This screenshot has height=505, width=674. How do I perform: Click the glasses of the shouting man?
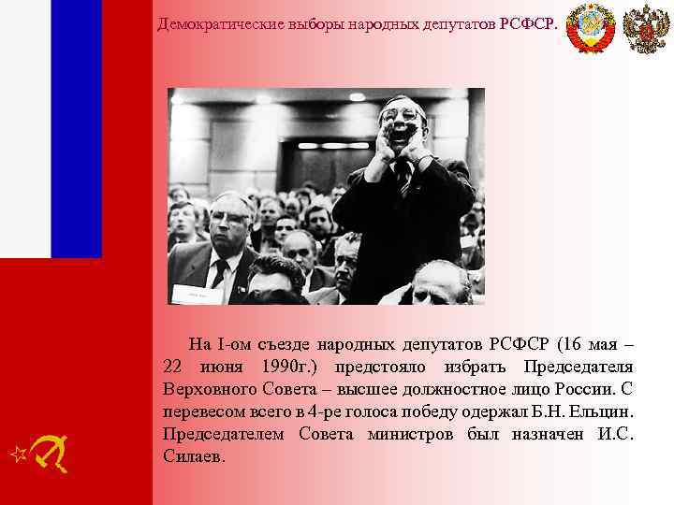pyautogui.click(x=401, y=116)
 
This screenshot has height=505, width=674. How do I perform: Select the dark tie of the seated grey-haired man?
pyautogui.click(x=221, y=271)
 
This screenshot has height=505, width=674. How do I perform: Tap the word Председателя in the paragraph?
pyautogui.click(x=578, y=366)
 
